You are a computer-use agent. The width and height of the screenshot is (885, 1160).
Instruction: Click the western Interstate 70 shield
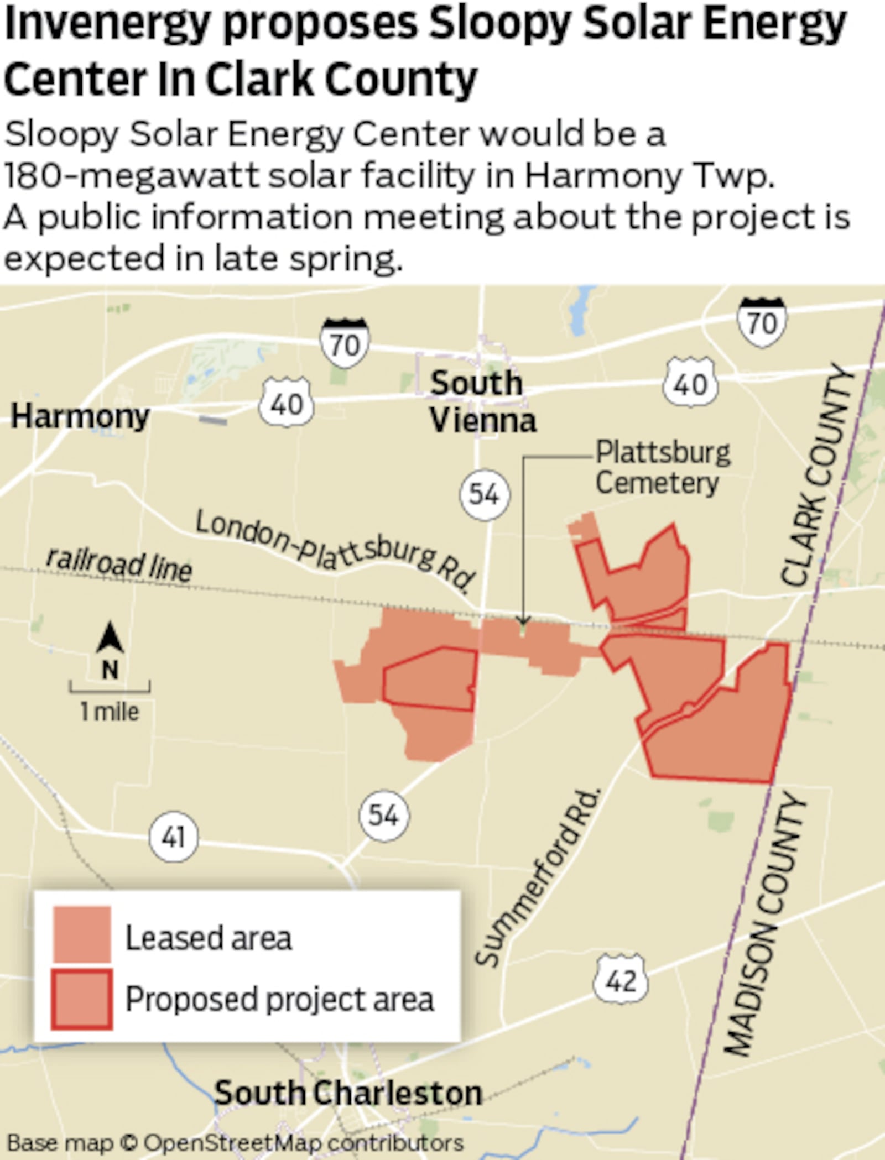coord(345,342)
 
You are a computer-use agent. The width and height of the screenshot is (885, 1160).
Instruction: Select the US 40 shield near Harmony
coord(287,403)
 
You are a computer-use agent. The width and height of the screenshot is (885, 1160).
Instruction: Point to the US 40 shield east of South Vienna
coord(690,383)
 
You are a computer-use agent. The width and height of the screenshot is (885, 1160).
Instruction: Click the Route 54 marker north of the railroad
coord(485,493)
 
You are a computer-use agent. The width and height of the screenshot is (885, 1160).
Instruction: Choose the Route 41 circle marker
coord(173,837)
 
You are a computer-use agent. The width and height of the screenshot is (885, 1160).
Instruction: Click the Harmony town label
coord(81,416)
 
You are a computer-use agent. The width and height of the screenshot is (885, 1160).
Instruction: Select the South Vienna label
coord(482,402)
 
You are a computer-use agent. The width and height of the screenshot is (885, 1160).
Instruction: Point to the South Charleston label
coord(348,1093)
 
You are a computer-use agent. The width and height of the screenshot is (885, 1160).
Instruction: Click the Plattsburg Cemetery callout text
coord(662,468)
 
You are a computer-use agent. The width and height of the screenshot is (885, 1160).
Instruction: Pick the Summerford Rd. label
coord(539,879)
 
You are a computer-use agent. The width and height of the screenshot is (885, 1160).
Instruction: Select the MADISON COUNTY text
coord(766,923)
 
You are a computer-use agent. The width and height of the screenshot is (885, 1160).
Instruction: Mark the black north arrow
coord(110,638)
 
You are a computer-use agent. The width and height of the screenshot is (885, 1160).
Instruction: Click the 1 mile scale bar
coord(110,688)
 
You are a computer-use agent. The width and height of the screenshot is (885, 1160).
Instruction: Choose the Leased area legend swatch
coord(82,934)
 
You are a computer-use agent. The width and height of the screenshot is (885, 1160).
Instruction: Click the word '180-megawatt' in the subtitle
coord(130,176)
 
